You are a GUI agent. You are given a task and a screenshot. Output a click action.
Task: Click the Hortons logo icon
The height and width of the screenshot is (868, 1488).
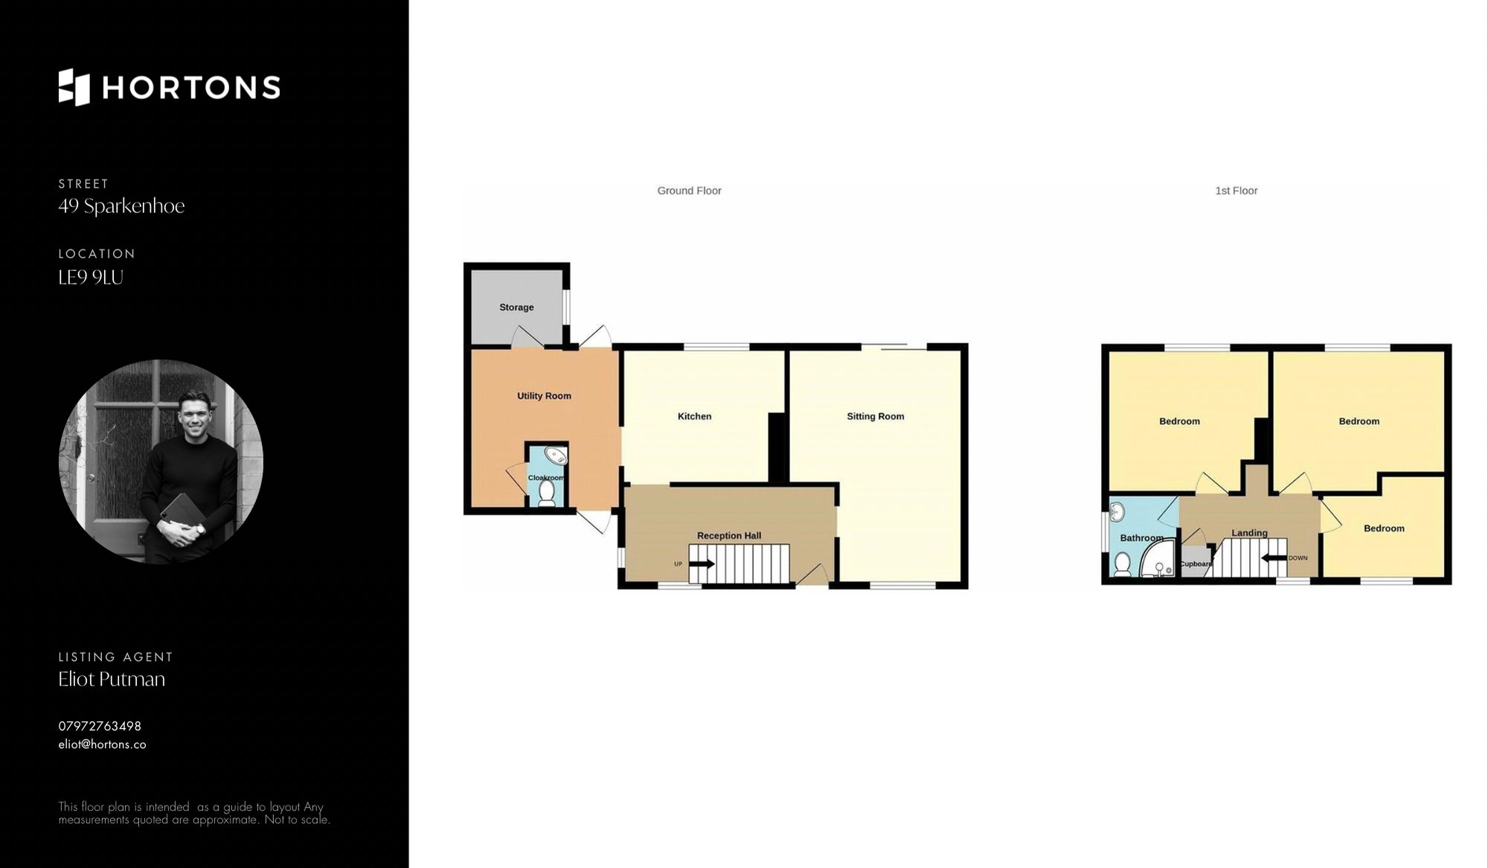click(x=74, y=87)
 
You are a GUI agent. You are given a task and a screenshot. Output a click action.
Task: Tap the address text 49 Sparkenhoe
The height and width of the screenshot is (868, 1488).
click(x=121, y=206)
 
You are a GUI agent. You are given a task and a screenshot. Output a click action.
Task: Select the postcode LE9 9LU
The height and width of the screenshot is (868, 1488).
click(x=91, y=278)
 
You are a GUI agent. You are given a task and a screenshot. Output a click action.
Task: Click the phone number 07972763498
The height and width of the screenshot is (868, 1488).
click(x=100, y=726)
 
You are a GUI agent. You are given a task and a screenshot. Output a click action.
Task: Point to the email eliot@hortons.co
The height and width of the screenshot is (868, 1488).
click(x=102, y=744)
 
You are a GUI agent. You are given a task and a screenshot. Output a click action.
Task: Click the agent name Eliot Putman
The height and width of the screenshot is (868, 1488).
click(x=112, y=679)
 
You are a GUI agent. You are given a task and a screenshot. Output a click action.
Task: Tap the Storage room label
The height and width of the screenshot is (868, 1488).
click(x=516, y=307)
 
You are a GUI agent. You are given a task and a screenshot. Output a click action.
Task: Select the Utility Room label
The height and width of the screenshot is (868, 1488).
click(x=544, y=396)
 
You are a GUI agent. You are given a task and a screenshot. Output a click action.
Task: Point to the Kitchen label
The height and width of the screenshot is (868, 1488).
click(x=694, y=416)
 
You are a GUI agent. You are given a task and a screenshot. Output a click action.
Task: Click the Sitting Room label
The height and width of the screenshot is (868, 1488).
click(x=875, y=416)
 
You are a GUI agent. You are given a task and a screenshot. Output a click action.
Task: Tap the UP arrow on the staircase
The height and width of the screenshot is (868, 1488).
click(x=701, y=564)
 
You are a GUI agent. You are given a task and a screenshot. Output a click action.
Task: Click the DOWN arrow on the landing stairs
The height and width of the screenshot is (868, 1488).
click(x=1274, y=558)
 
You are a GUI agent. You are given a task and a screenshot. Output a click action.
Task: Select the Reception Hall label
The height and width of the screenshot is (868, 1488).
click(x=728, y=535)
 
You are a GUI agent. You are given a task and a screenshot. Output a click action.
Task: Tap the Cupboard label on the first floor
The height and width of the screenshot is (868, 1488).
click(x=1196, y=564)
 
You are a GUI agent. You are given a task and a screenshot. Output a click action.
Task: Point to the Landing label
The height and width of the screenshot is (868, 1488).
click(x=1249, y=533)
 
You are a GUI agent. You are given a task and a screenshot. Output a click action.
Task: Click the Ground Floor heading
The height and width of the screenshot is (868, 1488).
click(x=689, y=191)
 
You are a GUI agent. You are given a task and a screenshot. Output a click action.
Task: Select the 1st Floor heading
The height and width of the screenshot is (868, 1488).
click(x=1236, y=191)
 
